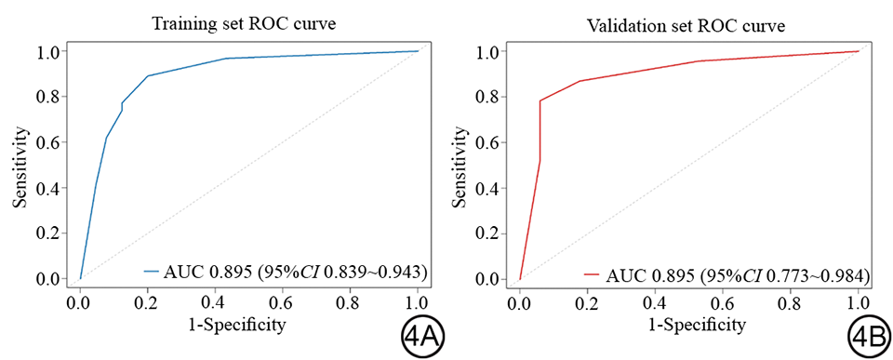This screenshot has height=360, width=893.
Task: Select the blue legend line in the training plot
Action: (x=151, y=273)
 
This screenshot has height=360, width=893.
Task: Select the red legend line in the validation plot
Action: (x=593, y=274)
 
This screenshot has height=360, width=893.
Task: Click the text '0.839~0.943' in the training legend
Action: (x=373, y=273)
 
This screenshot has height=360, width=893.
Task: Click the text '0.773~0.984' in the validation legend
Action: (x=816, y=274)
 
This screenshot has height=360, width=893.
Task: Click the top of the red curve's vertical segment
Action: (x=540, y=100)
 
